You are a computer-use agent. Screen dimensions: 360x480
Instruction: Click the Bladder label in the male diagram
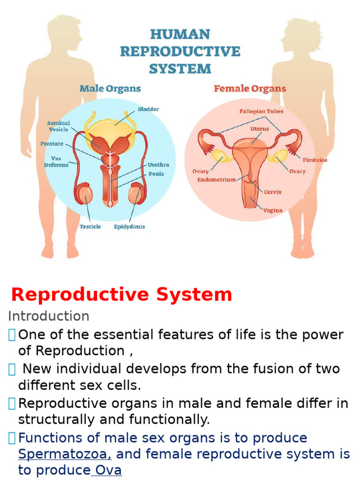pyautogui.click(x=148, y=109)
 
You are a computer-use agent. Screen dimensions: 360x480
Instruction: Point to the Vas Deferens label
pyautogui.click(x=56, y=162)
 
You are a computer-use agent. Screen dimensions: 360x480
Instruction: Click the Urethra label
pyautogui.click(x=158, y=165)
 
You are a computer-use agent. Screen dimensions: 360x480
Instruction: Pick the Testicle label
pyautogui.click(x=90, y=226)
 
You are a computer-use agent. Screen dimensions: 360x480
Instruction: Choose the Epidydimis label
pyautogui.click(x=129, y=226)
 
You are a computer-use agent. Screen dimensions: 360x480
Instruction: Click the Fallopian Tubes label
pyautogui.click(x=261, y=112)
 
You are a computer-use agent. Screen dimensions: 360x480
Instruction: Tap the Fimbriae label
pyautogui.click(x=315, y=160)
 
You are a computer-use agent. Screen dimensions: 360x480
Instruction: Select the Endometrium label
pyautogui.click(x=217, y=180)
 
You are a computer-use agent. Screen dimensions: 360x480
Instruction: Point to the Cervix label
pyautogui.click(x=273, y=192)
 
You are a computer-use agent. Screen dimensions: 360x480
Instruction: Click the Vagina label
pyautogui.click(x=272, y=210)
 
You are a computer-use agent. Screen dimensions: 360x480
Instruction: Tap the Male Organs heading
pyautogui.click(x=110, y=89)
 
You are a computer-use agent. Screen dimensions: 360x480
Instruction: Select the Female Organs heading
pyautogui.click(x=250, y=89)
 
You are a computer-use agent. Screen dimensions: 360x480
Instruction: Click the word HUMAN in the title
pyautogui.click(x=180, y=35)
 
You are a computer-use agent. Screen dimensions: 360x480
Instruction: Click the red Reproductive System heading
pyautogui.click(x=121, y=294)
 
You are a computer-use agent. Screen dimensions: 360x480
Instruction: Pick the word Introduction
pyautogui.click(x=49, y=316)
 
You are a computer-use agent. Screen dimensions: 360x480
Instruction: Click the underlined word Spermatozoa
pyautogui.click(x=65, y=454)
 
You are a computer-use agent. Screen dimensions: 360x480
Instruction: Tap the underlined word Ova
pyautogui.click(x=108, y=470)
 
